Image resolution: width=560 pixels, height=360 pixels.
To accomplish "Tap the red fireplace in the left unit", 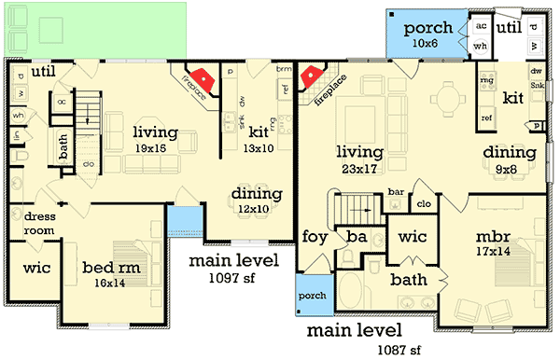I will pyautogui.click(x=203, y=79).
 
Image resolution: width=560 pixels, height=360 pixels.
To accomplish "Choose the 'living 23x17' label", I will pyautogui.click(x=359, y=160).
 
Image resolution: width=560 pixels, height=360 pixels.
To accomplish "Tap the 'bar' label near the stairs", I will pyautogui.click(x=396, y=194).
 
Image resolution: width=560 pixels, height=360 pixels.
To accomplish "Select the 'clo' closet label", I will pyautogui.click(x=423, y=203).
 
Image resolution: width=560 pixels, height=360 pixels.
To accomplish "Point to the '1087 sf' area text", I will pyautogui.click(x=394, y=352).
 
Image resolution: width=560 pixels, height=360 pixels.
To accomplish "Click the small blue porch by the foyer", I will pyautogui.click(x=311, y=296).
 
